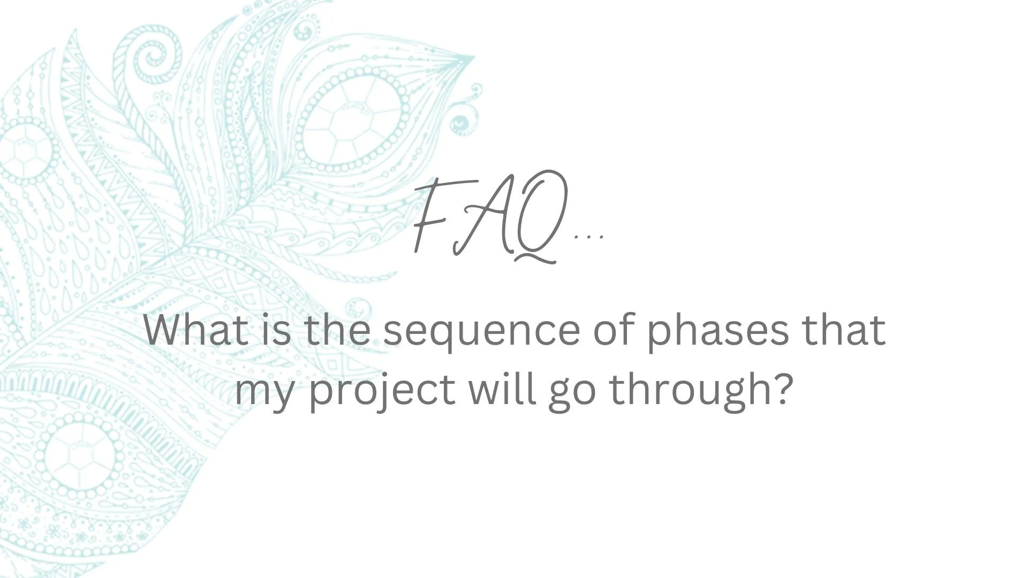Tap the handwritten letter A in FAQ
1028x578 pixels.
pos(482,219)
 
